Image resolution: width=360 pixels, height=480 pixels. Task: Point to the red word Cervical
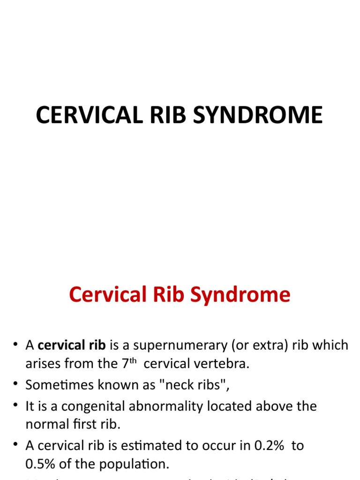tap(106, 295)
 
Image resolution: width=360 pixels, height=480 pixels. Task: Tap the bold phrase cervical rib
tap(72, 345)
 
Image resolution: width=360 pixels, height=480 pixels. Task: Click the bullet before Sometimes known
tap(16, 385)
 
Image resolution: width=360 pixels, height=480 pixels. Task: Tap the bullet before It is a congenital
tap(16, 406)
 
